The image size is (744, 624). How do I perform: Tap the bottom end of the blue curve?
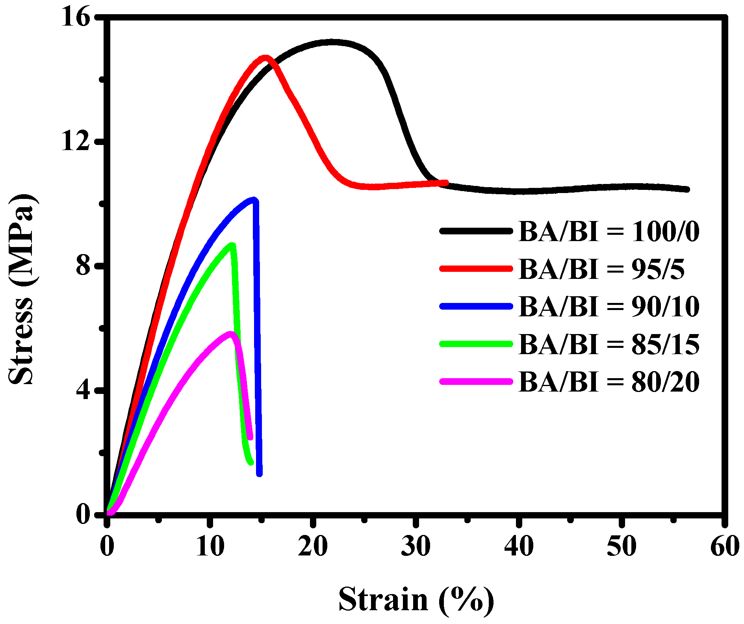pos(259,474)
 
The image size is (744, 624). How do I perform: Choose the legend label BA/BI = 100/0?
pos(609,231)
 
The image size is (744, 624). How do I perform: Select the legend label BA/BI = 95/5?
pos(601,269)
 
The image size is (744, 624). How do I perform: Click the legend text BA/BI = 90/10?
pos(609,306)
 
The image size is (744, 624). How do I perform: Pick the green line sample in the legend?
pos(476,344)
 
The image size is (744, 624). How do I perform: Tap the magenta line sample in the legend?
pos(476,381)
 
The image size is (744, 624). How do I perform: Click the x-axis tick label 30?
pos(416,547)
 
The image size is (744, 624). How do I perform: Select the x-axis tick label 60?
pos(724,547)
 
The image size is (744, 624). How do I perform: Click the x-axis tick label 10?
pos(210,547)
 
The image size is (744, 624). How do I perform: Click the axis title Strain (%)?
pos(416,600)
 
